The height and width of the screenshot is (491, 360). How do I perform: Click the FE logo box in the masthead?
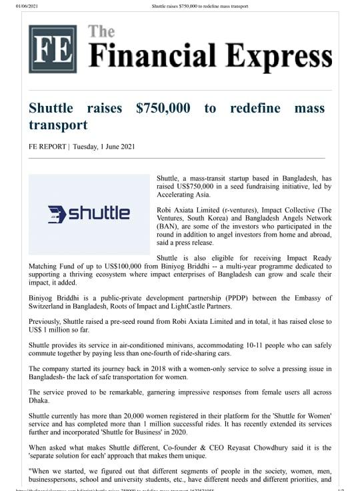pos(52,49)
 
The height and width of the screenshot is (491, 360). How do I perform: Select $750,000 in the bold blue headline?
pos(163,108)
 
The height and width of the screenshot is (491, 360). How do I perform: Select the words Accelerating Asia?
pos(184,196)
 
